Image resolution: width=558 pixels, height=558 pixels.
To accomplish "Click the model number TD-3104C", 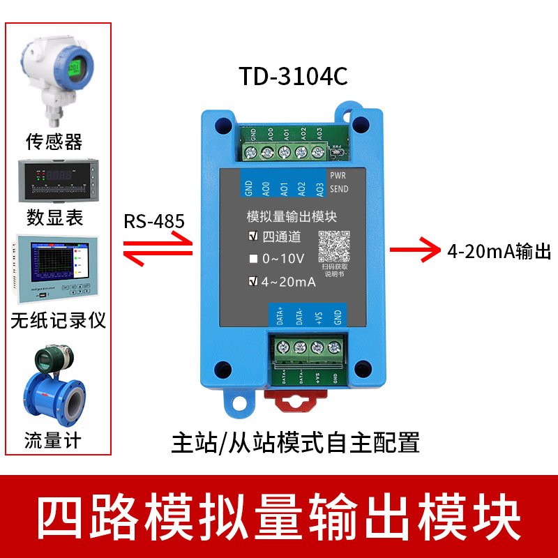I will click(x=293, y=76).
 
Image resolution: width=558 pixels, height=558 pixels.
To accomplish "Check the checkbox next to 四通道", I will click(x=253, y=236).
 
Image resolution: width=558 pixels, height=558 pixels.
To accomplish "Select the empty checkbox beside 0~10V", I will click(x=253, y=259).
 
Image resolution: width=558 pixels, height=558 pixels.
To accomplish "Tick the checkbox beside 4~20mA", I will click(x=253, y=282).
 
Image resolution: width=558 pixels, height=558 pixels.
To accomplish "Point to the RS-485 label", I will click(x=154, y=222).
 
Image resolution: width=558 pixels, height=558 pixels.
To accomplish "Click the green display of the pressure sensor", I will click(x=75, y=68).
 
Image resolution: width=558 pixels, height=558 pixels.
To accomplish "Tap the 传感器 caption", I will click(x=54, y=142).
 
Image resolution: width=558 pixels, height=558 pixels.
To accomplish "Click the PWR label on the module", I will click(x=338, y=176).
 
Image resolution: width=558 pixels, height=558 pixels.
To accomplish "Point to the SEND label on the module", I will click(x=338, y=189).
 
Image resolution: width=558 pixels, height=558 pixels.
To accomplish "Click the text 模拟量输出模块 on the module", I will click(x=292, y=217).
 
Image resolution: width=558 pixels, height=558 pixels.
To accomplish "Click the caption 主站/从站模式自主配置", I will click(x=295, y=443).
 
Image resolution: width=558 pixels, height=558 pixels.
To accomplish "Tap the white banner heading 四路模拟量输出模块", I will click(x=278, y=517).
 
